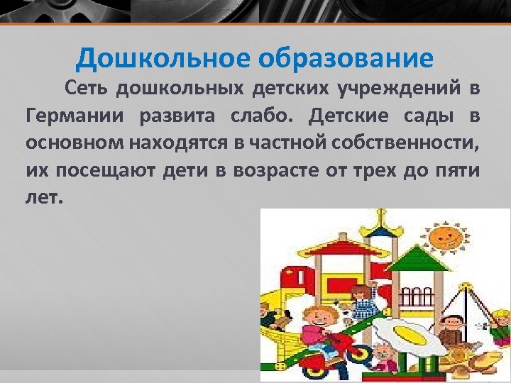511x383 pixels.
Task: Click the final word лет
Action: point(44,197)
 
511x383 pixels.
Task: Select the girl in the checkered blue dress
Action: point(363,301)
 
